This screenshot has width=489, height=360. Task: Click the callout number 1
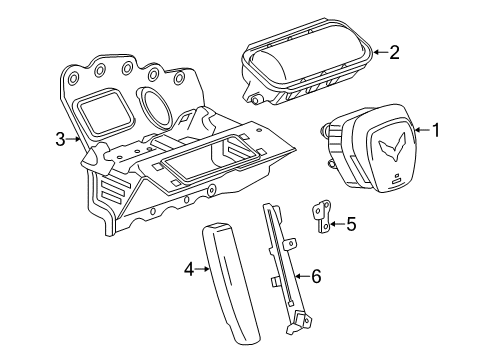coord(436,130)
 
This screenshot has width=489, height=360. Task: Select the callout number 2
coord(394,52)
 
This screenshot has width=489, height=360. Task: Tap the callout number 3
coord(60,139)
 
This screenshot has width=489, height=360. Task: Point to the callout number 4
coord(189,269)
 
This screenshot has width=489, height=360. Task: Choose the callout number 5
coord(351,224)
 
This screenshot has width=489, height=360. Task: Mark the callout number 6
coord(316,276)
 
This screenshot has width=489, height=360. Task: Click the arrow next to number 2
coord(380,52)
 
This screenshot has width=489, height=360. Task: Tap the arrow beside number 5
coord(336,224)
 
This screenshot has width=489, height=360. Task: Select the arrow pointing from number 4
coord(202,269)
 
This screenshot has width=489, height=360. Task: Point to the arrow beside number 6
coord(302,276)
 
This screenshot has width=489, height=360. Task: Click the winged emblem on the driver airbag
coord(392,147)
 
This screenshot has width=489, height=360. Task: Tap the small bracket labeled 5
coord(322,216)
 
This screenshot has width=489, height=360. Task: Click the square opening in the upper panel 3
coord(105,111)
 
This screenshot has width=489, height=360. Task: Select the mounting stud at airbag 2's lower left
coord(256,99)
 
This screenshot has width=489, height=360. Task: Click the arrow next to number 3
coord(73,139)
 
